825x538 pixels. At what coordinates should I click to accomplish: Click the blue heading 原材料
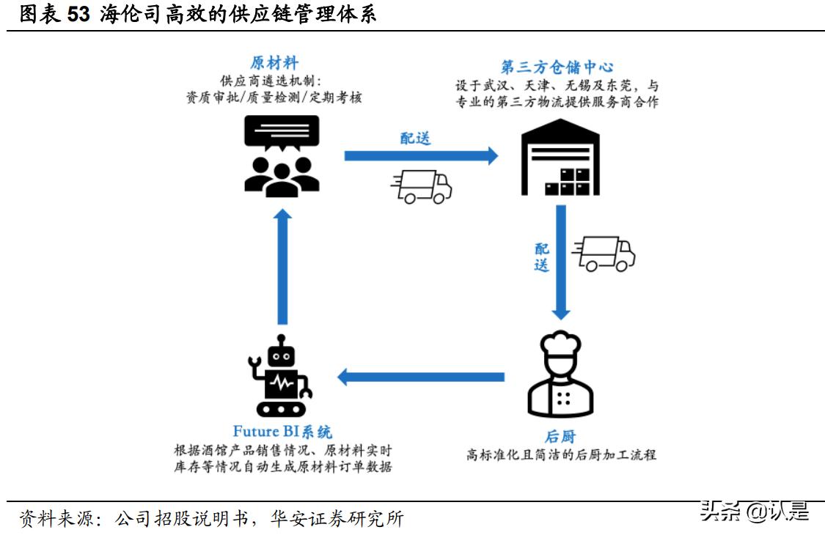(x=274, y=63)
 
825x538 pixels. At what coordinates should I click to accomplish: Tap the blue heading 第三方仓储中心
(x=557, y=67)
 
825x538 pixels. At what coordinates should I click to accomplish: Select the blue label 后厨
(x=561, y=437)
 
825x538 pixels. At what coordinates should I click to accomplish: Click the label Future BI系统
(x=282, y=432)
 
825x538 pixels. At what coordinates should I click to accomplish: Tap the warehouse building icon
(x=560, y=158)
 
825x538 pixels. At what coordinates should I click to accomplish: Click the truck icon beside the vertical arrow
(x=604, y=254)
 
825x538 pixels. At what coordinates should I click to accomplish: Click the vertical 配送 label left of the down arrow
(x=541, y=257)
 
